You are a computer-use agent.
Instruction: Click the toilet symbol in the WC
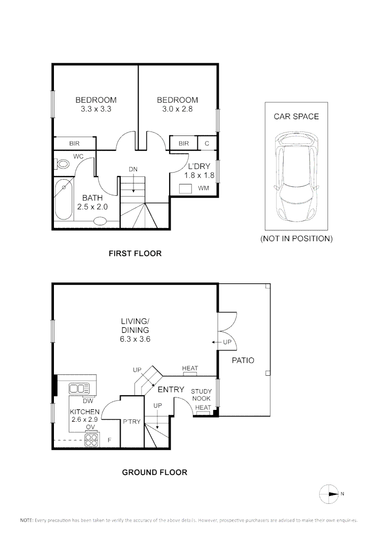point(62,164)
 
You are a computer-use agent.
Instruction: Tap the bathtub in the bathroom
point(63,200)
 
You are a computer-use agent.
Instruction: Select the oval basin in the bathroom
point(100,221)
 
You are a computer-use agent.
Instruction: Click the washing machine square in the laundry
point(186,188)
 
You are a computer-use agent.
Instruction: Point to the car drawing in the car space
point(295,177)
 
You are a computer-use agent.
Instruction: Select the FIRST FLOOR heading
point(135,254)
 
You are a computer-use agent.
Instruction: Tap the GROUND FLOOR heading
point(154,472)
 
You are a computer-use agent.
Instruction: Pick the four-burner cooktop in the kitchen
point(92,440)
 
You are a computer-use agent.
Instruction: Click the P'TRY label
point(132,422)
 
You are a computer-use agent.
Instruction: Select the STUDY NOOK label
point(201,395)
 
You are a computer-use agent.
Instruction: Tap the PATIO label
point(243,360)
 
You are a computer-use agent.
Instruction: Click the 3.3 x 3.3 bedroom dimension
point(95,109)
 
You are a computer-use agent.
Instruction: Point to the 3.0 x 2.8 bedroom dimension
point(177,109)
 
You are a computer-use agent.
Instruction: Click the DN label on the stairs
point(133,170)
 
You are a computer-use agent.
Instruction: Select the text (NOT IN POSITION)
point(296,238)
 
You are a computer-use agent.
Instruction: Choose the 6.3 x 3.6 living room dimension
point(135,339)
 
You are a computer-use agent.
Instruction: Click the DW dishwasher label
point(88,400)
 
